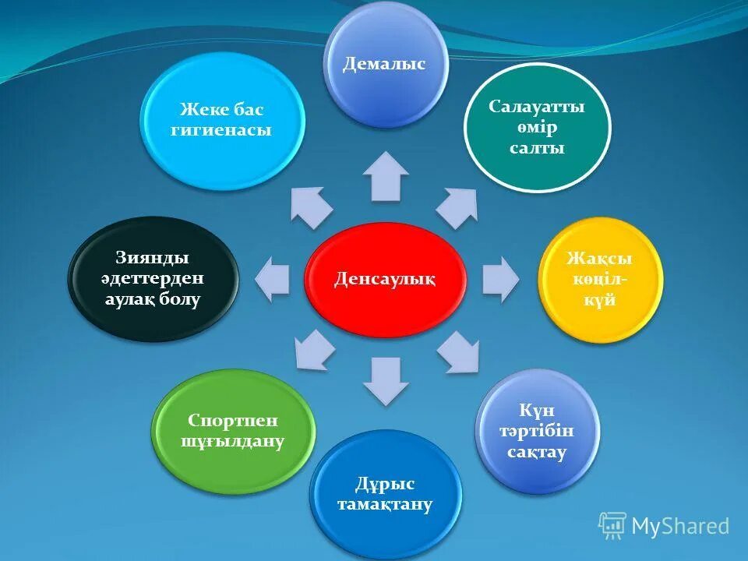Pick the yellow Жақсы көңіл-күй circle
point(600,280)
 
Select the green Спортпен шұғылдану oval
point(233,431)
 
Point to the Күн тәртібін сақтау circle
point(537,431)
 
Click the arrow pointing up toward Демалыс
point(385,177)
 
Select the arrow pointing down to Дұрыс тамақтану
point(385,379)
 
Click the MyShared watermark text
point(679,526)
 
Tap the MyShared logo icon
point(612,526)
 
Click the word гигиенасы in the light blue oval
point(221,130)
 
